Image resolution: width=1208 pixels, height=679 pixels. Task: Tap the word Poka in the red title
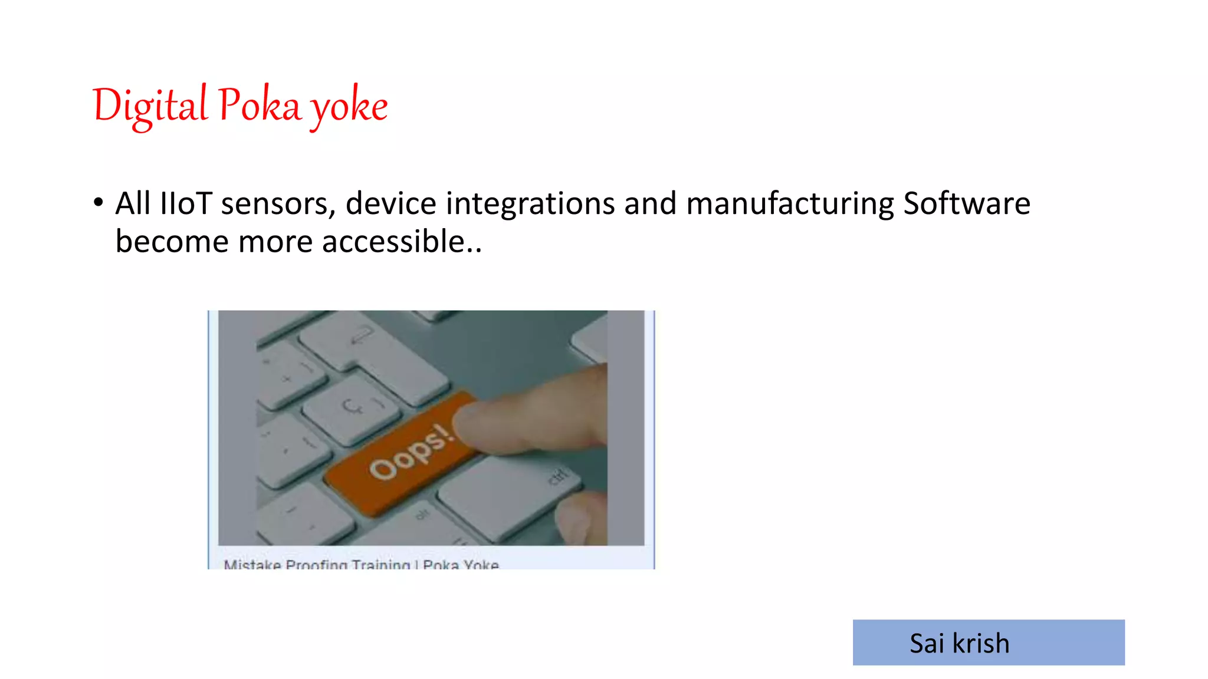pos(259,105)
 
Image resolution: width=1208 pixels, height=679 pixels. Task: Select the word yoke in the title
pos(349,106)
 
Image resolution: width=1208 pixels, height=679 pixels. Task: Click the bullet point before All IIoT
pos(98,203)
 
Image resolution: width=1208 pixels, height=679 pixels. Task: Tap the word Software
pos(966,203)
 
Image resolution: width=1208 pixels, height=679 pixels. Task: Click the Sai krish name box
pos(988,642)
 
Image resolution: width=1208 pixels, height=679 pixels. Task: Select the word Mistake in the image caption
pos(252,565)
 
